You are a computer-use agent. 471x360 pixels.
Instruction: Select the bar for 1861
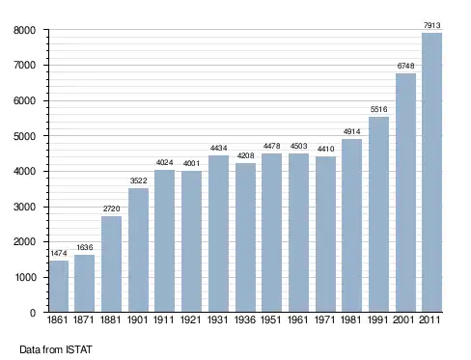coord(59,286)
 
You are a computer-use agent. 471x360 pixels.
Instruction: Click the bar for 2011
coord(431,172)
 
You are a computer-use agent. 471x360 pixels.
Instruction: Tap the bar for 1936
coord(245,237)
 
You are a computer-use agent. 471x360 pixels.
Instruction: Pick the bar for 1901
coord(138,250)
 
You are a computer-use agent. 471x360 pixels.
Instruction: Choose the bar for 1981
coord(351,225)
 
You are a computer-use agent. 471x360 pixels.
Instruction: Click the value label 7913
coord(432,25)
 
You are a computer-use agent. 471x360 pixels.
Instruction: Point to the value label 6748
coord(405,66)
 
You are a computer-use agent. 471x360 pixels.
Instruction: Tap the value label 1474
coord(59,253)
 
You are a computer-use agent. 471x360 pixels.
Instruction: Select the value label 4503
coord(298,146)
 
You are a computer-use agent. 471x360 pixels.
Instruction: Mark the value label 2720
coord(111,208)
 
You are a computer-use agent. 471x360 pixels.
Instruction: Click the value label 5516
coord(378,109)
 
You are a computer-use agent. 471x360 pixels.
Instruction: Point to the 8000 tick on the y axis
coord(24,30)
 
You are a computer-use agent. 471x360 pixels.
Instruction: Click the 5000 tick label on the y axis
coord(24,136)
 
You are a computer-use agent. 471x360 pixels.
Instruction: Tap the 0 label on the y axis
coord(33,313)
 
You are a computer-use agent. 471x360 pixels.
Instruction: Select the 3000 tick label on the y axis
coord(24,207)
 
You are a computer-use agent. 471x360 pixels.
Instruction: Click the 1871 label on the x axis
coord(84,319)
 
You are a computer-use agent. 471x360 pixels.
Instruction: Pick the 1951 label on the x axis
coord(271,319)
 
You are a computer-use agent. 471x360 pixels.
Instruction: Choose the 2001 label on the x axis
coord(403,319)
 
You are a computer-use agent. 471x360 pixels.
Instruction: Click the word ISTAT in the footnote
coord(79,349)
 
